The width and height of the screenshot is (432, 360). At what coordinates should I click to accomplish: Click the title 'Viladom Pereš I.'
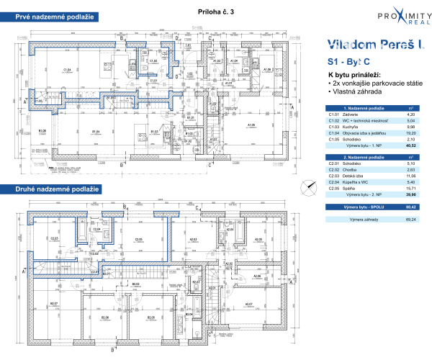coord(374,45)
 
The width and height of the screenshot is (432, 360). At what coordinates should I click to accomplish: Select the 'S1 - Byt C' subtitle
coord(350,63)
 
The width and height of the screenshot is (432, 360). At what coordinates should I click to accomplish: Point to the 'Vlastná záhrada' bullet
coord(356,92)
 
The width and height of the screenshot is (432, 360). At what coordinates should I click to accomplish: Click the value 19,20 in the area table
coord(409,133)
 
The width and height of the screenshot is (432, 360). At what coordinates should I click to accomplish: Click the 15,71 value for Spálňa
coord(409,187)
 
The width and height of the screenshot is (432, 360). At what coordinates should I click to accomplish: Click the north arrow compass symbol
coord(310,188)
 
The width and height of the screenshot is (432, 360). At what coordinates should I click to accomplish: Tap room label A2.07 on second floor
coord(249,304)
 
